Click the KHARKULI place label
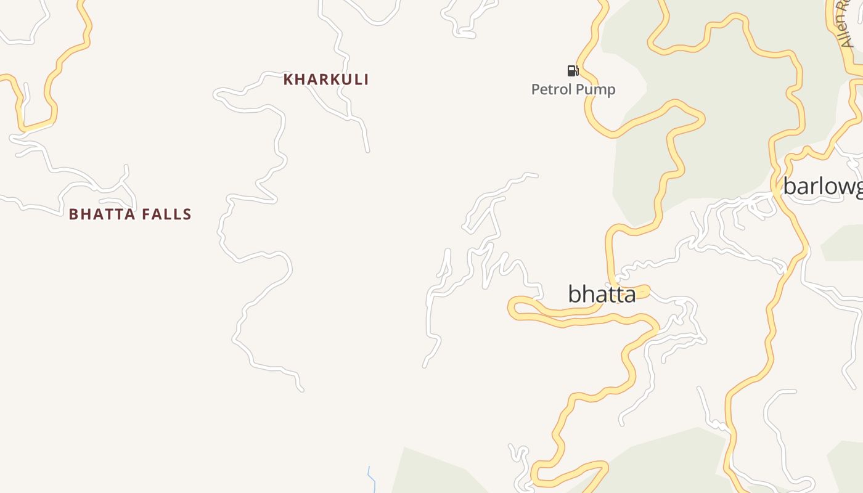tap(325, 79)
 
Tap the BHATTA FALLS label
tap(130, 214)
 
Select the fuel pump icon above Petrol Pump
tap(573, 71)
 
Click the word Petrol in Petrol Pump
tap(551, 90)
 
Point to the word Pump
tap(595, 90)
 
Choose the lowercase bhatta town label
tap(601, 295)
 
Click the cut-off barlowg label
tap(823, 186)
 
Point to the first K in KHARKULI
tap(288, 79)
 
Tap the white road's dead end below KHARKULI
tap(368, 150)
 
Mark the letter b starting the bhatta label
tap(575, 294)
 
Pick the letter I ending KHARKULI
tap(366, 79)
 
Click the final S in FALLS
tap(187, 214)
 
